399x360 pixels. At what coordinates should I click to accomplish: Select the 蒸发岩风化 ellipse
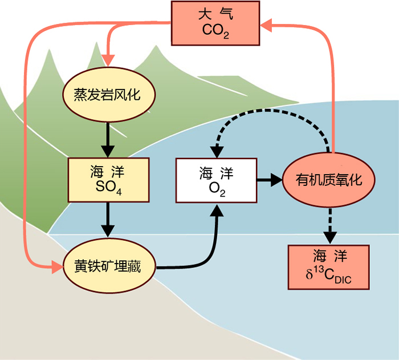click(x=107, y=94)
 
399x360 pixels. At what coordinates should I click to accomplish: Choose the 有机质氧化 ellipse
click(x=329, y=180)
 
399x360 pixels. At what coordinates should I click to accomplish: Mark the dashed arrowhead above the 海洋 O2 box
click(x=216, y=152)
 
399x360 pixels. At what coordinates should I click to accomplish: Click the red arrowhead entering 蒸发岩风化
click(x=108, y=59)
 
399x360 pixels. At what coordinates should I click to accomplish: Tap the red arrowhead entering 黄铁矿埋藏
click(x=57, y=266)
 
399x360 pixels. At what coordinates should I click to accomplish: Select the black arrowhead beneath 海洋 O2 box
click(x=216, y=209)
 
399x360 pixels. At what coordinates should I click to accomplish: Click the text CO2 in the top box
click(x=215, y=30)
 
